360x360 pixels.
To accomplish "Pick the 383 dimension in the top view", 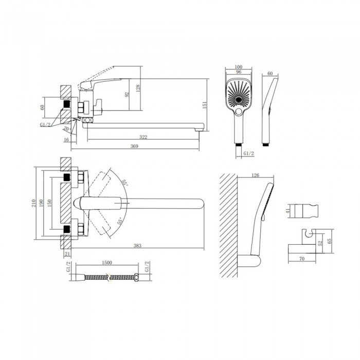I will (x=137, y=246).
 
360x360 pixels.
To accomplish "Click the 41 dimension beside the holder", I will (x=289, y=210).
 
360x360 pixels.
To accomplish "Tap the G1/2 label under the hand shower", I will (x=248, y=153).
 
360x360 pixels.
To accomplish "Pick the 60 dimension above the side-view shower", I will (x=270, y=74).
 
